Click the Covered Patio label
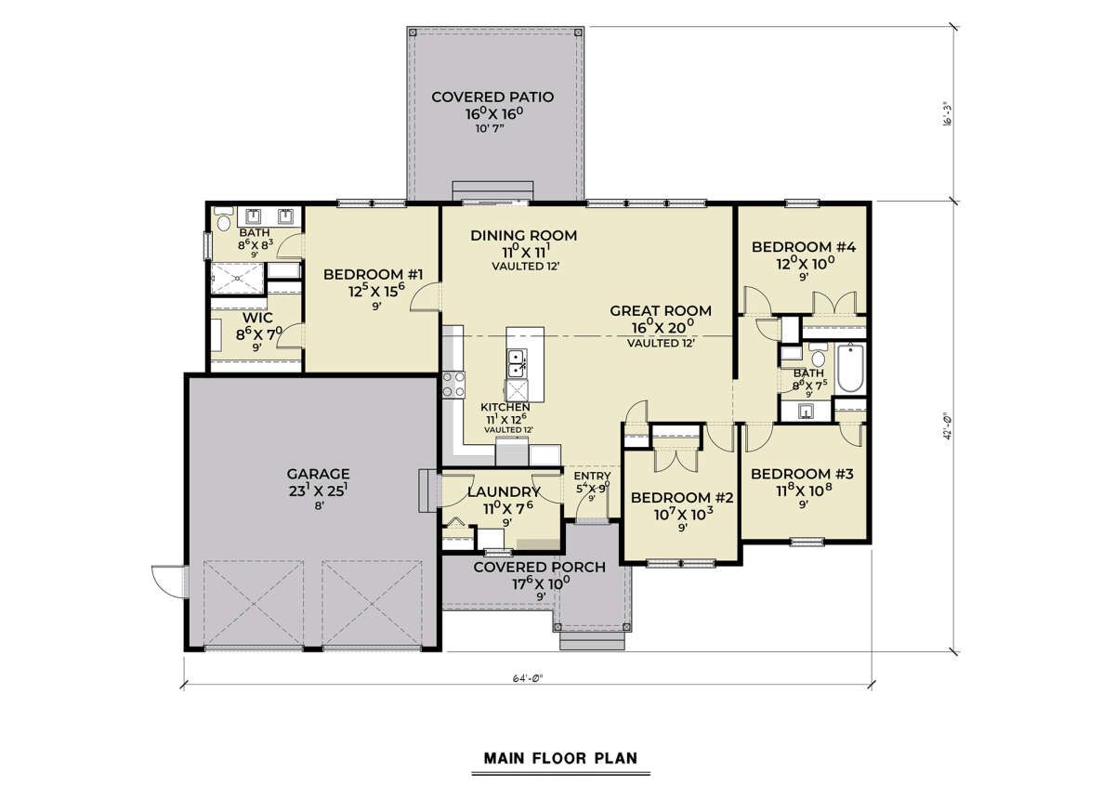(492, 97)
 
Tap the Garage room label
(318, 474)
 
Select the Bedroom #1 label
(374, 274)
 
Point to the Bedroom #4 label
(804, 247)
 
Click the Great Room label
(661, 310)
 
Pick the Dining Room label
(524, 235)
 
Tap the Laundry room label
(504, 491)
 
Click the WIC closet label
(258, 318)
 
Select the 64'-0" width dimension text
(528, 677)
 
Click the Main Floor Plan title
(560, 758)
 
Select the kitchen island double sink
(517, 364)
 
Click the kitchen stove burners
(453, 386)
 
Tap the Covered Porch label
(539, 567)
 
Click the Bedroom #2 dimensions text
(683, 514)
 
